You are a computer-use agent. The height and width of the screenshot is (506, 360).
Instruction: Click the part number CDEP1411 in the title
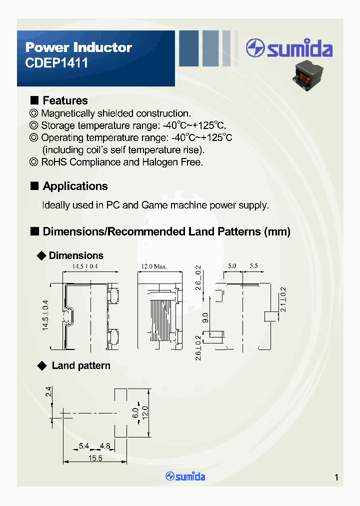tap(56, 63)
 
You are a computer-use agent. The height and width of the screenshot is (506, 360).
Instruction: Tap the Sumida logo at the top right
tap(289, 49)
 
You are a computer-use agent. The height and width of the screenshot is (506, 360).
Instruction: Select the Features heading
tap(65, 100)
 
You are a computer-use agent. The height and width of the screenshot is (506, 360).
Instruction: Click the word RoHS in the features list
tap(53, 162)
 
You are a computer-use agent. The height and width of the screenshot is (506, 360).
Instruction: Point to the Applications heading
tap(75, 186)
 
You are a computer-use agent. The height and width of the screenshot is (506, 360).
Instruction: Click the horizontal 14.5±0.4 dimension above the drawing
tap(84, 266)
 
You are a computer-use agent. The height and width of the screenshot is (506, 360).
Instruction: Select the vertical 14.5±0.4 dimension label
tap(45, 315)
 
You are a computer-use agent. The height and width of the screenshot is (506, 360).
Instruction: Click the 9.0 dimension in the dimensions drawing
tap(205, 317)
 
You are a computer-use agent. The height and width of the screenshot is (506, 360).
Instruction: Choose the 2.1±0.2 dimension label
tap(283, 300)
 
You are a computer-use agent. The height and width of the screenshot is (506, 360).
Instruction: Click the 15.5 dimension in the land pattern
tap(95, 458)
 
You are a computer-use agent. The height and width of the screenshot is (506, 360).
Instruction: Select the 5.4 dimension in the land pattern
tap(84, 445)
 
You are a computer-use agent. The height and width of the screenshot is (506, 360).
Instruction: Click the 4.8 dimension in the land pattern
tap(104, 445)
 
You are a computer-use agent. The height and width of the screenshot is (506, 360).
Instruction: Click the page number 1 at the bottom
tap(336, 477)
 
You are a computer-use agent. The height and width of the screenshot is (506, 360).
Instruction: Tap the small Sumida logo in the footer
tap(185, 476)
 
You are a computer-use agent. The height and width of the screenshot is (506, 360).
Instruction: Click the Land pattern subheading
tap(81, 365)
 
